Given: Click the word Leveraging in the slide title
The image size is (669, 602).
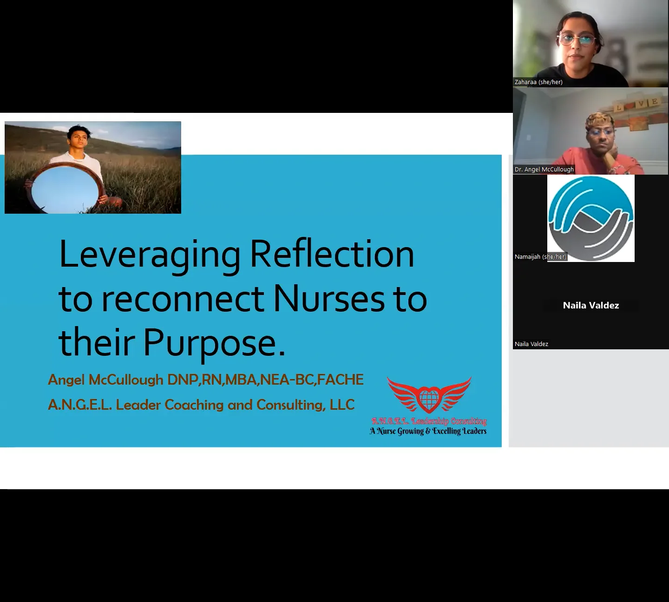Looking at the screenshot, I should (x=150, y=255).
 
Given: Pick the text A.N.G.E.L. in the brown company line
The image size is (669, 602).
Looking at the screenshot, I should (x=79, y=405).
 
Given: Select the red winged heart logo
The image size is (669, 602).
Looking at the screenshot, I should (x=429, y=395).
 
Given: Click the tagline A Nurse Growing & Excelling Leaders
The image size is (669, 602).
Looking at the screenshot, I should (x=428, y=431).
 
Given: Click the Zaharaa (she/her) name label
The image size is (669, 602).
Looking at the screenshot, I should (x=538, y=82).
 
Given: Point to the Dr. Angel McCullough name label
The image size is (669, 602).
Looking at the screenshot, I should (x=544, y=170).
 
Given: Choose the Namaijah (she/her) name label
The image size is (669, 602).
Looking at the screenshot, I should (x=540, y=257).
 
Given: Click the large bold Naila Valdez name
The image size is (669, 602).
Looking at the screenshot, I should (x=590, y=305).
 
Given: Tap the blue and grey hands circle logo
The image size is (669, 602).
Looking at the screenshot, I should (x=590, y=218).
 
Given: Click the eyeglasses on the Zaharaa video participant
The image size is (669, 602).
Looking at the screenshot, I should (x=577, y=40).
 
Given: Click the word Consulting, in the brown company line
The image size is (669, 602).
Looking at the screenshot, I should (x=290, y=405).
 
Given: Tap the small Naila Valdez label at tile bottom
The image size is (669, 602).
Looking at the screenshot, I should (x=531, y=344).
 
